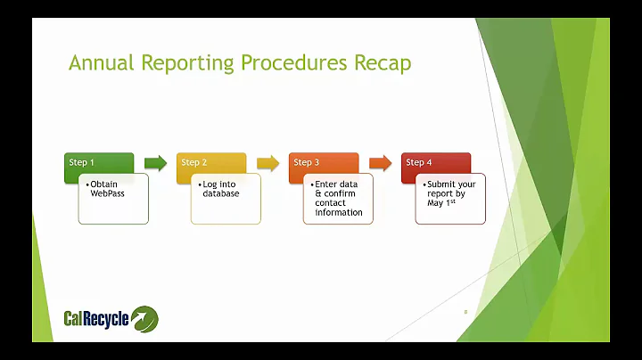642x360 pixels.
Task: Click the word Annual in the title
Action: (x=100, y=64)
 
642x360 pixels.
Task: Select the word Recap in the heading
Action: (x=381, y=64)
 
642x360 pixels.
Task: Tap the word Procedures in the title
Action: (x=293, y=64)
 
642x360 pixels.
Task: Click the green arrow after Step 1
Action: (x=155, y=163)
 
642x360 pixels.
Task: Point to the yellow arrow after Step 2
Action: (x=267, y=163)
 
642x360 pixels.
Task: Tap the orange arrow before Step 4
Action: (x=380, y=163)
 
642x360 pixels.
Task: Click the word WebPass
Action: (x=107, y=193)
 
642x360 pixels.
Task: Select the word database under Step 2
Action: (x=219, y=193)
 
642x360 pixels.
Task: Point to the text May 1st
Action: (x=435, y=203)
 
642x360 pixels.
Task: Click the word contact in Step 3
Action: (x=332, y=203)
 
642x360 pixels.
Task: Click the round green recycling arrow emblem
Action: (x=144, y=318)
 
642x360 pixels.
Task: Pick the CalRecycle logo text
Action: (x=96, y=318)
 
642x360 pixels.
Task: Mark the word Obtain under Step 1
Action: (x=105, y=184)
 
